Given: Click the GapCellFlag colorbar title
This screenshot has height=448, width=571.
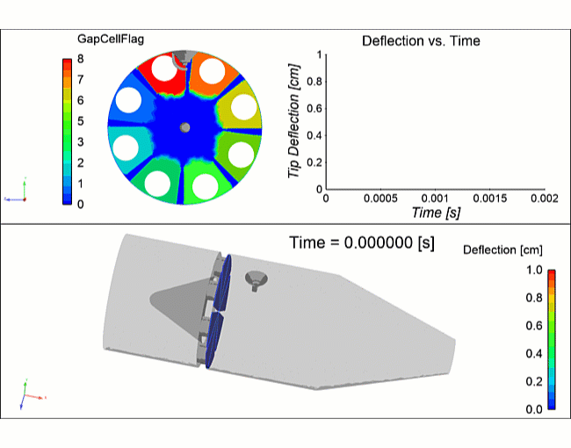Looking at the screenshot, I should (112, 39).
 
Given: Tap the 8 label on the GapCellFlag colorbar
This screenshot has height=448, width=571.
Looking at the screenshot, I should (80, 59).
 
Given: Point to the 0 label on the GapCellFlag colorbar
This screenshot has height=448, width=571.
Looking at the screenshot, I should (80, 204).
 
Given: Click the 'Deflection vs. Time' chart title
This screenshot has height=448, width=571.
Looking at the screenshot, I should (421, 40).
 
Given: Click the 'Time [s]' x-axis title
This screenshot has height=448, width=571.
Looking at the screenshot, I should (437, 213).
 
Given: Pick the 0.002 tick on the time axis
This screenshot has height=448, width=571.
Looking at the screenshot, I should (544, 199).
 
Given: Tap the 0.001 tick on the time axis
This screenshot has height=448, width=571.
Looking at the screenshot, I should (436, 199).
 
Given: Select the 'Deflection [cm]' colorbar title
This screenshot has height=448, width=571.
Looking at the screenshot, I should (502, 250).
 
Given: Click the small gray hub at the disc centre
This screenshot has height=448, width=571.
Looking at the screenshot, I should (184, 127).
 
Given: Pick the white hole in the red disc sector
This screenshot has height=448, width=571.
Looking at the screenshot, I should (163, 68).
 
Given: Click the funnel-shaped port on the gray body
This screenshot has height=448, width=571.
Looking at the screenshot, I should (257, 280).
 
